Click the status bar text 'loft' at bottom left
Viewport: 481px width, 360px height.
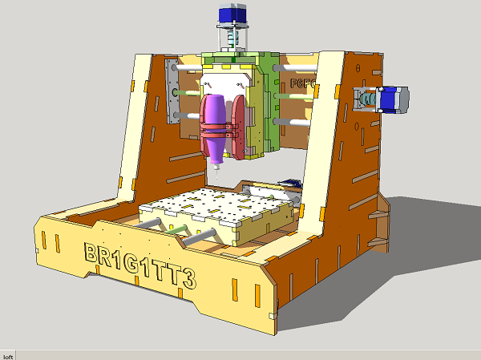(x=8, y=355)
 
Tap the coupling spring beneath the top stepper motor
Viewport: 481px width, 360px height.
(x=232, y=38)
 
